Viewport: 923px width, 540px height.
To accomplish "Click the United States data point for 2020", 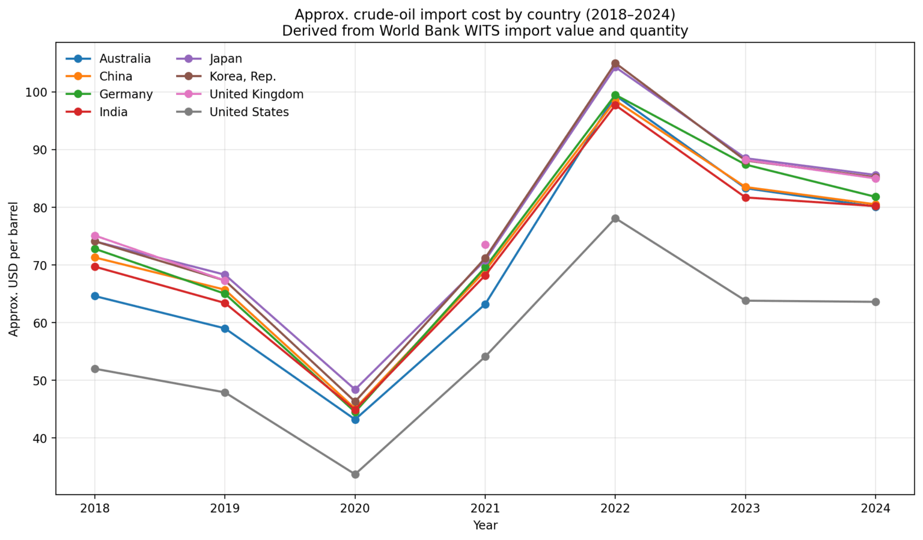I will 355,474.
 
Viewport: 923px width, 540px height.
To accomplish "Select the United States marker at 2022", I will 615,218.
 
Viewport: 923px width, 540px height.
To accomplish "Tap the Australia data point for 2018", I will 95,296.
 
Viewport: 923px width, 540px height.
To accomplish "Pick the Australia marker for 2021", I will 485,304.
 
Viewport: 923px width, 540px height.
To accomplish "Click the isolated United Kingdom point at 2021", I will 485,245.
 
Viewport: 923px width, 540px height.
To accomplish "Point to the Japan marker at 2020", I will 355,390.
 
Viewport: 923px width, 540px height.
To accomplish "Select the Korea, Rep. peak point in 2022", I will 615,63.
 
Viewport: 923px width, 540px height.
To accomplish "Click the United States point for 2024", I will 876,302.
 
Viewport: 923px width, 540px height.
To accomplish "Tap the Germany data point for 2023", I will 746,165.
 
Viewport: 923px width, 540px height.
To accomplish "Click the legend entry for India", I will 113,112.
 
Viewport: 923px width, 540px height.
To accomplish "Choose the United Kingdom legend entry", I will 256,94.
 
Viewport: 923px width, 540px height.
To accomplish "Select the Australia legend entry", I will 124,59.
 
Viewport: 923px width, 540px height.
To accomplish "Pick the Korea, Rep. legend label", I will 242,76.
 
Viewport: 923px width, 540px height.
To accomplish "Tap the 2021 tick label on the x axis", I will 485,509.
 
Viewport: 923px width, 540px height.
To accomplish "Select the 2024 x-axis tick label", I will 876,509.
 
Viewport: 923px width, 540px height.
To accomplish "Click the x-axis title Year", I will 485,526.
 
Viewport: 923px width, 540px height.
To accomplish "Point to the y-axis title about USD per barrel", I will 14,269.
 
